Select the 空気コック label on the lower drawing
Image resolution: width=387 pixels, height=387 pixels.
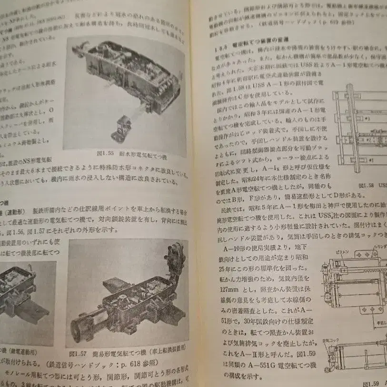point(329,341)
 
